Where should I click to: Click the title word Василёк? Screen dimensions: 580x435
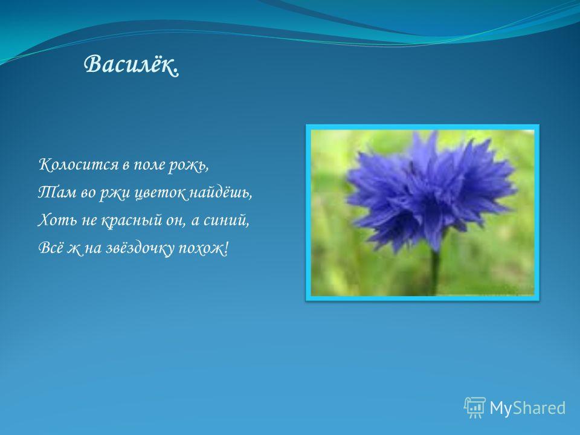click(132, 65)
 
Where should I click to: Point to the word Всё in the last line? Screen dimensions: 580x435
click(51, 248)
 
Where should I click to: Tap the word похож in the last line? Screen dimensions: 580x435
click(201, 248)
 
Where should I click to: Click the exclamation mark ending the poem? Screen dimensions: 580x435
click(226, 248)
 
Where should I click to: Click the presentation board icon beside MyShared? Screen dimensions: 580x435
click(475, 407)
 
